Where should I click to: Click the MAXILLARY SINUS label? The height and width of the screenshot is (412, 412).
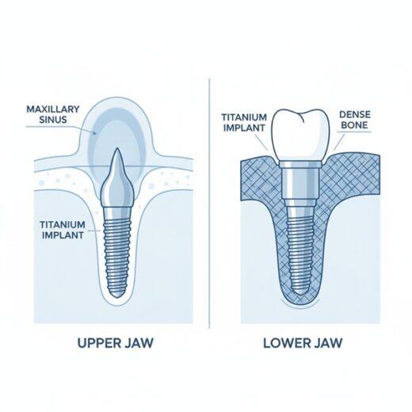tap(53, 114)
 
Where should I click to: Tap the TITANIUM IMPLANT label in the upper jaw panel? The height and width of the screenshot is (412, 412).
tap(63, 230)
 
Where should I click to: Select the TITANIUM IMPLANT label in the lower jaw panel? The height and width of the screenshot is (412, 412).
tap(244, 122)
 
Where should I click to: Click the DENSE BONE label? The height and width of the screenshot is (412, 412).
tap(355, 120)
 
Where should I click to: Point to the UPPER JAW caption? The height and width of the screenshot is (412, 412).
tap(115, 343)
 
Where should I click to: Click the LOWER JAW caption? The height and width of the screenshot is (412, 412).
tap(303, 343)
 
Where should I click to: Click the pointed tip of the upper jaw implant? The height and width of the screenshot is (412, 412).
tap(117, 148)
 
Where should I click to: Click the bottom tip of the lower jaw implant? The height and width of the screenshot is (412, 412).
tap(301, 295)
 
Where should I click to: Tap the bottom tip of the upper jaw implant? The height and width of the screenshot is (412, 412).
tap(117, 298)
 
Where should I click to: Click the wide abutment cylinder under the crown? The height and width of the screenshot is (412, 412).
tap(301, 184)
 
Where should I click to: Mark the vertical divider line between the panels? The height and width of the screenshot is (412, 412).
tap(209, 204)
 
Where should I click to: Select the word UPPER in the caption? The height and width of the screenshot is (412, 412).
tap(96, 343)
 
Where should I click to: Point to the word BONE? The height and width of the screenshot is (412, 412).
tap(355, 124)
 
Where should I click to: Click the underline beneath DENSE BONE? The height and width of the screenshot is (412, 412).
tap(355, 132)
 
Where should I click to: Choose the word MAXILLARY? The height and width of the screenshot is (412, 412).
tap(53, 109)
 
